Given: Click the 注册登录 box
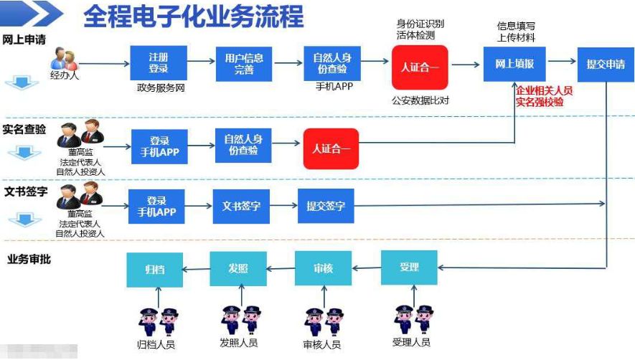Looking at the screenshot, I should (x=158, y=63).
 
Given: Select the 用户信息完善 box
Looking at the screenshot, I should (x=244, y=63).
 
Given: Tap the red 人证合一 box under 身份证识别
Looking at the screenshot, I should (x=420, y=67).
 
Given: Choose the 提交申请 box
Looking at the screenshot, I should (x=606, y=64).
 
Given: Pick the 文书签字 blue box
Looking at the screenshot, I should (x=241, y=206).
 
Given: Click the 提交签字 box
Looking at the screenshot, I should (x=326, y=206).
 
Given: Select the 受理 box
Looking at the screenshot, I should (x=409, y=267).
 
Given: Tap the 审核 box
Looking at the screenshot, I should (x=324, y=269).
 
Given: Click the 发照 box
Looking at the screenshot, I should (x=238, y=269).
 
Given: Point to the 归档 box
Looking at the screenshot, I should (x=154, y=269).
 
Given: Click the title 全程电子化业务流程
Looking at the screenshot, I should (x=194, y=16).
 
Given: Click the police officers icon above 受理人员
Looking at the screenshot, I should (x=414, y=318).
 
